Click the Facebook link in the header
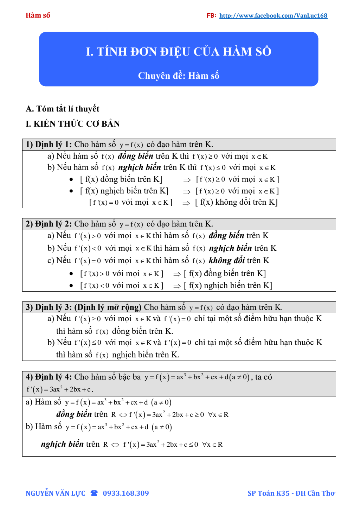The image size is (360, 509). (x=273, y=15)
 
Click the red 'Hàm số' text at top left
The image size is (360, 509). (x=38, y=15)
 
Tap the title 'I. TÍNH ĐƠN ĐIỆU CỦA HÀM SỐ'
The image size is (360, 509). (x=179, y=52)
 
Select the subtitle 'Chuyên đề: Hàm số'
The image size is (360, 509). (x=179, y=76)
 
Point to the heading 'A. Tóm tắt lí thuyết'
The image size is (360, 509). (x=63, y=109)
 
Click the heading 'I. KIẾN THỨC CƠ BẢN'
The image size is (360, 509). (x=73, y=124)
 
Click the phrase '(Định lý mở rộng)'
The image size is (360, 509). (x=108, y=307)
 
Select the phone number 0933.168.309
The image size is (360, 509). (x=126, y=493)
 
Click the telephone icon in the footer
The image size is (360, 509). (x=94, y=493)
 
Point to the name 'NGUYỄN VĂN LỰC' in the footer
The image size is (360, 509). (x=56, y=493)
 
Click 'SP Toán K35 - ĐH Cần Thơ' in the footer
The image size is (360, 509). (x=291, y=493)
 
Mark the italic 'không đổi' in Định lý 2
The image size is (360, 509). (x=227, y=261)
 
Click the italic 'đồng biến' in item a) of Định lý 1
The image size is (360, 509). (x=135, y=156)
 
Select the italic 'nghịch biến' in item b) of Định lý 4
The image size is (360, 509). (x=62, y=444)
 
